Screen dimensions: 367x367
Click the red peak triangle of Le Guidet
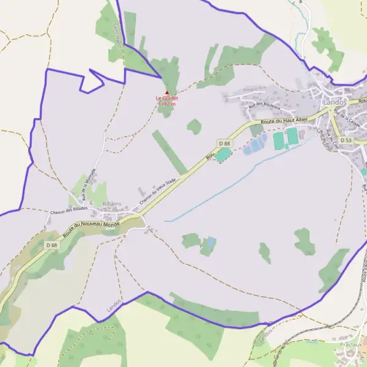tap(166, 92)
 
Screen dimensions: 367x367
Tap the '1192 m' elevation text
tap(166, 104)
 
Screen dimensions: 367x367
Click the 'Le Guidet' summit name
tap(166, 98)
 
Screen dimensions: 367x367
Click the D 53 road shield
tap(346, 140)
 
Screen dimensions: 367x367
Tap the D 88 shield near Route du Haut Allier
tap(221, 143)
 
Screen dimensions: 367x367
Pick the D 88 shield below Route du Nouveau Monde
tap(51, 245)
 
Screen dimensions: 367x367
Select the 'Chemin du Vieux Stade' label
tap(157, 191)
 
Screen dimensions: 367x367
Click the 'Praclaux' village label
tap(352, 345)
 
